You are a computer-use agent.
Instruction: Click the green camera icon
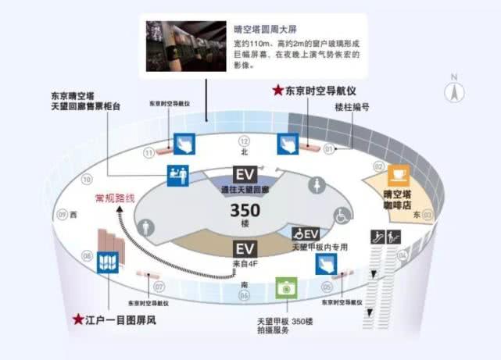tap(288, 287)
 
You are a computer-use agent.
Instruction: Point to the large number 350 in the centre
tap(245, 211)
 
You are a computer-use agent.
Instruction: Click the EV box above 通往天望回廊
tap(245, 174)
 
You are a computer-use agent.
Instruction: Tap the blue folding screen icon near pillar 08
tap(106, 262)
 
